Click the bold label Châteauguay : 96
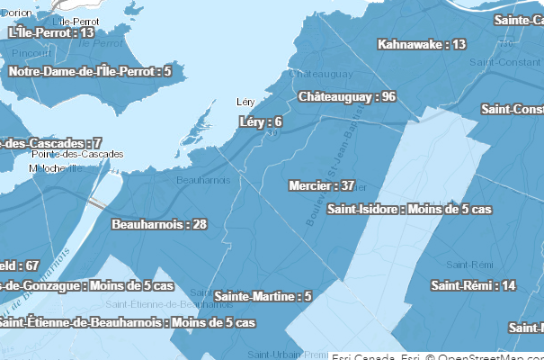pos(347,96)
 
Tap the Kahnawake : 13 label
pos(422,44)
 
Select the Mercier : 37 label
pos(321,186)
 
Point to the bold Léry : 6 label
pos(261,121)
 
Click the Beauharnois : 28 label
pos(159,224)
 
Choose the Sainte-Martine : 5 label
pos(263,296)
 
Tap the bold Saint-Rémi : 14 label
pos(473,285)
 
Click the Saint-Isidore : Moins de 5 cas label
pos(409,210)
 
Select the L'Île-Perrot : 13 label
pos(51,32)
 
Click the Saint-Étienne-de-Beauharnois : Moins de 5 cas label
pos(126,322)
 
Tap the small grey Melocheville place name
pos(56,167)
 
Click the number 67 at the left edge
pos(31,265)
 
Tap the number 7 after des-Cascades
pos(97,143)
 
